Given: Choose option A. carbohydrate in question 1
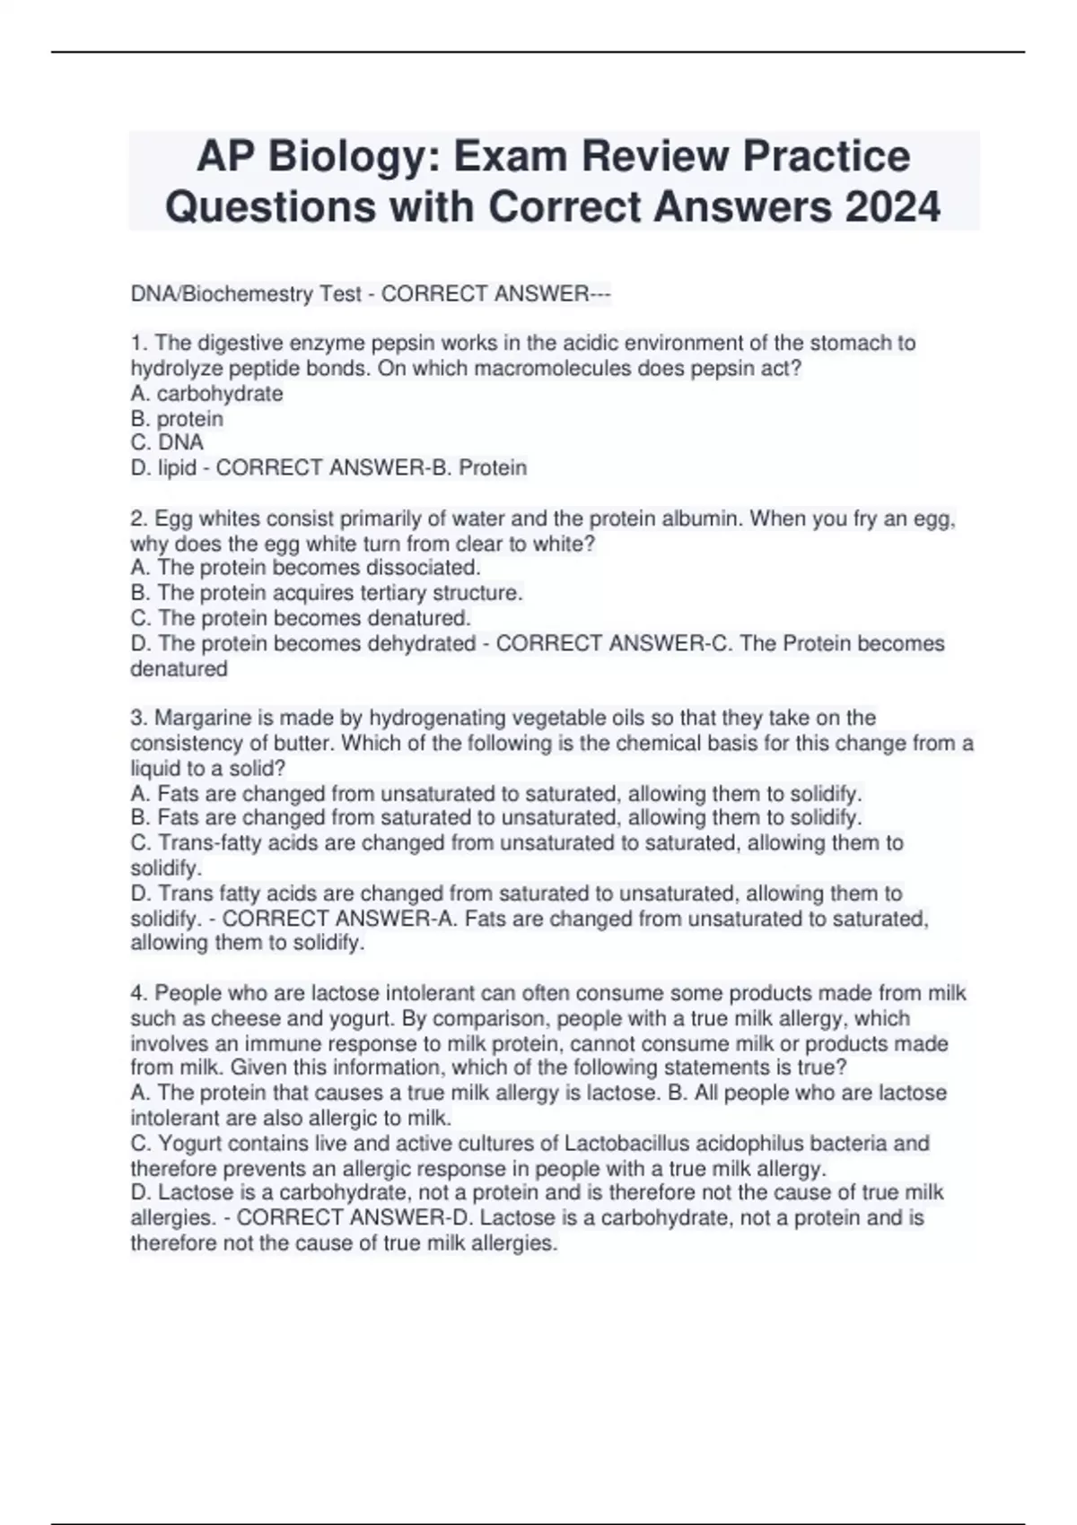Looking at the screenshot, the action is [207, 394].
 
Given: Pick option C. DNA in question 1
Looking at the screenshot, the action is [168, 442].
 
